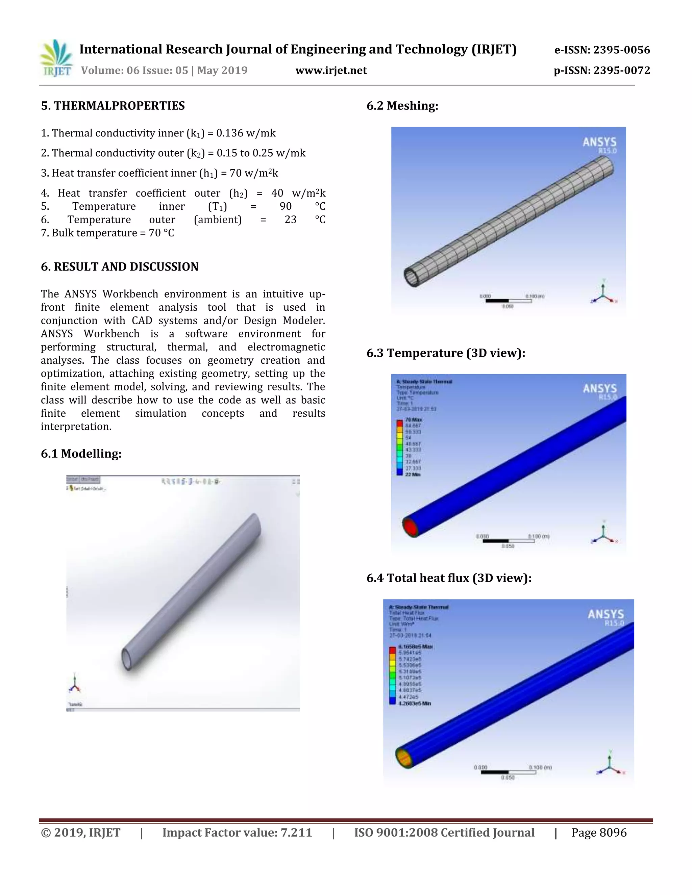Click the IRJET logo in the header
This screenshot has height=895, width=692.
(x=56, y=59)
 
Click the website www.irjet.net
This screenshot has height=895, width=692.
(x=331, y=71)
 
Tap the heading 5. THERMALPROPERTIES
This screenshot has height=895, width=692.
(x=113, y=106)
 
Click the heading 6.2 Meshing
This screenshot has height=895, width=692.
(x=402, y=106)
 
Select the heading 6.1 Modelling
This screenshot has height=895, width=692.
(x=81, y=454)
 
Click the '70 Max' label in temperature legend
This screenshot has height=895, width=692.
(x=413, y=419)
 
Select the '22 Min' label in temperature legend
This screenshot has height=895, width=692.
(x=413, y=474)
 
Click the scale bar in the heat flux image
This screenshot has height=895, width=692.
(x=508, y=772)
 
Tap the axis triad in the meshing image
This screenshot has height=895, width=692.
(x=603, y=293)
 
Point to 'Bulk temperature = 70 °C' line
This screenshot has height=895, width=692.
(x=107, y=233)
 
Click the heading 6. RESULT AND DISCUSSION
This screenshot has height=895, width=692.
(x=119, y=267)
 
